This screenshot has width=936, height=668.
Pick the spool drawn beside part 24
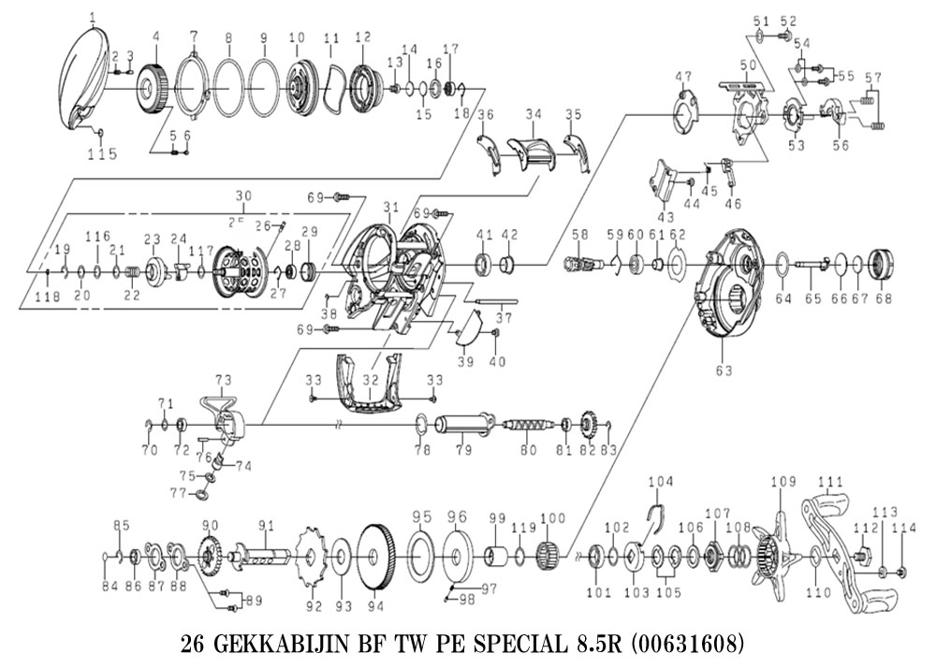[x=234, y=272]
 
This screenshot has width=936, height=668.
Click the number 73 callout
[x=223, y=380]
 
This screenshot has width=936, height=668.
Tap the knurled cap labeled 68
[x=880, y=265]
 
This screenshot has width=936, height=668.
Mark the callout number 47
[x=684, y=76]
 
